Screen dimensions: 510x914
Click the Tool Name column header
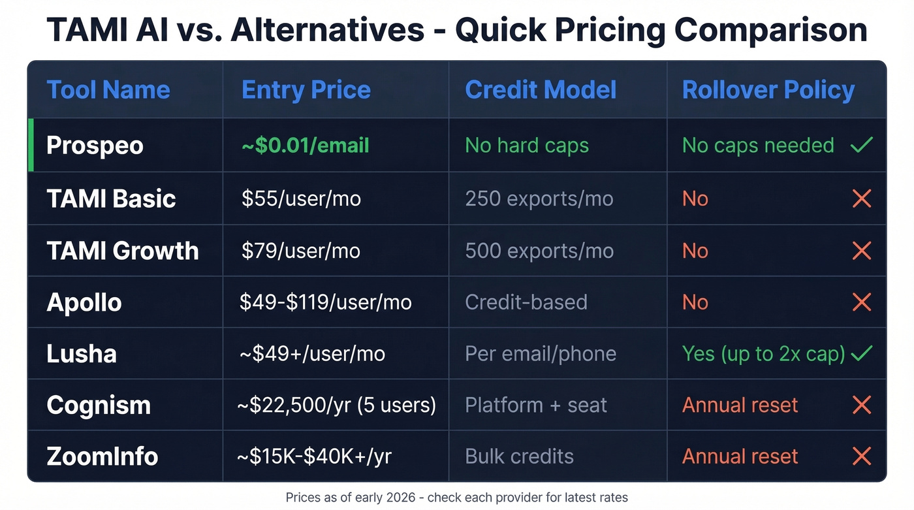pos(108,90)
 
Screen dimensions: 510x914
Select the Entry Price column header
pos(306,90)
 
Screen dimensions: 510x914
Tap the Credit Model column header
pos(541,90)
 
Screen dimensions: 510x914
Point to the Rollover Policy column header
pos(768,90)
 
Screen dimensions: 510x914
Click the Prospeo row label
pos(95,145)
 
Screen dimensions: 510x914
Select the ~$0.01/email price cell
pos(305,145)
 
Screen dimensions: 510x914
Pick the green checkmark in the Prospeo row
pos(862,145)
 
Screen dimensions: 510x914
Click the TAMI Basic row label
pos(111,199)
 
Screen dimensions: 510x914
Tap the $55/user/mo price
pos(301,199)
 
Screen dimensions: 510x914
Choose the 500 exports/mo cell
pos(539,251)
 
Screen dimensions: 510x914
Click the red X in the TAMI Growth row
pos(862,251)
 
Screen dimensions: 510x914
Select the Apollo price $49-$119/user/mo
pos(325,302)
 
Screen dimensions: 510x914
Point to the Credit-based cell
pos(526,302)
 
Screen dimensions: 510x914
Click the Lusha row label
pos(82,354)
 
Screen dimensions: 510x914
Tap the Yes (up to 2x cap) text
pos(763,354)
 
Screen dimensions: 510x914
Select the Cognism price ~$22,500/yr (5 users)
pos(336,405)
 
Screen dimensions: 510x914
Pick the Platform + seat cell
pos(536,405)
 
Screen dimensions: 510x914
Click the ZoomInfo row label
pos(102,456)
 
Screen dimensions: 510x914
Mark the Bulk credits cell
pos(519,456)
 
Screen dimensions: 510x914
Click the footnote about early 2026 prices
pos(456,498)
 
